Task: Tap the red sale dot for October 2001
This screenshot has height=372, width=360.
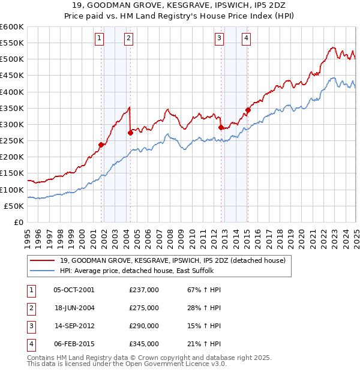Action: [x=101, y=144]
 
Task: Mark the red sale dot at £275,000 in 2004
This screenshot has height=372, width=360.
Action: [x=130, y=133]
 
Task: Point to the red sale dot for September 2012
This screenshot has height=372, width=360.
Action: [x=221, y=127]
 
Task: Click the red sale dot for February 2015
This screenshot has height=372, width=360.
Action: [x=247, y=110]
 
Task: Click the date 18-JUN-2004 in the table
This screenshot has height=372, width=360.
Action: [x=74, y=308]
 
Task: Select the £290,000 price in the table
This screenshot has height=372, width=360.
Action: [x=143, y=326]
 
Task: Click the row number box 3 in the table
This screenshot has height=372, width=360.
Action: [x=30, y=326]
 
